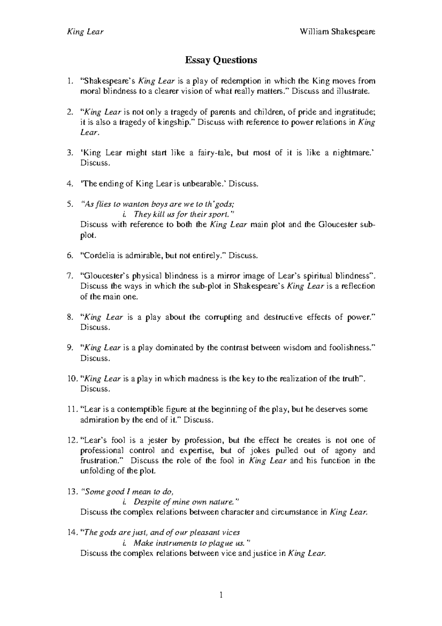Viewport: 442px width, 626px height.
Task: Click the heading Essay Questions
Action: [221, 60]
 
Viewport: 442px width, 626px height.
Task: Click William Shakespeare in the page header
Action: [337, 32]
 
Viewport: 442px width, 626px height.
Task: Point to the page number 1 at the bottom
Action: [221, 595]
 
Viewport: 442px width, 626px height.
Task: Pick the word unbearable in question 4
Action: [204, 184]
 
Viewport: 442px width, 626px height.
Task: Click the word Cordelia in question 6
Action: [98, 255]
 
